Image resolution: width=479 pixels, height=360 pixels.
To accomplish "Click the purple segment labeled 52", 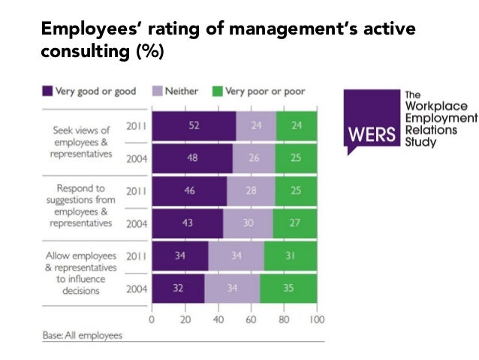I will (194, 127).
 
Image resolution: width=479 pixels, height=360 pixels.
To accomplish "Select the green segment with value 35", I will (288, 288).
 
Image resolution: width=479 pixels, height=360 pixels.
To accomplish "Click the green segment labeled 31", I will (291, 256).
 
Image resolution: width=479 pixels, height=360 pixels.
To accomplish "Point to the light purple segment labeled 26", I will (254, 159).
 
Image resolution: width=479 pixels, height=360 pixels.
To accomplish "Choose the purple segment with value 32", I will (178, 288).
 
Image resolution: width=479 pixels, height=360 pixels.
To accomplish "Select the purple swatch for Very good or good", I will (48, 92).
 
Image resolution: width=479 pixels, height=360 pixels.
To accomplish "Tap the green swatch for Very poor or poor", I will (218, 92).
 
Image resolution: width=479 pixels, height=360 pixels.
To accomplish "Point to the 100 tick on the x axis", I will (317, 318).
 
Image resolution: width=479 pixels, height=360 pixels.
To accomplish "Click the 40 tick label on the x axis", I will (218, 318).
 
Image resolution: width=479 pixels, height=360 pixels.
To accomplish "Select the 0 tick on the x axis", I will (152, 318).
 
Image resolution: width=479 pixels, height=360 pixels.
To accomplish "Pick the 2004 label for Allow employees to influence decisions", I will (134, 288).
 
